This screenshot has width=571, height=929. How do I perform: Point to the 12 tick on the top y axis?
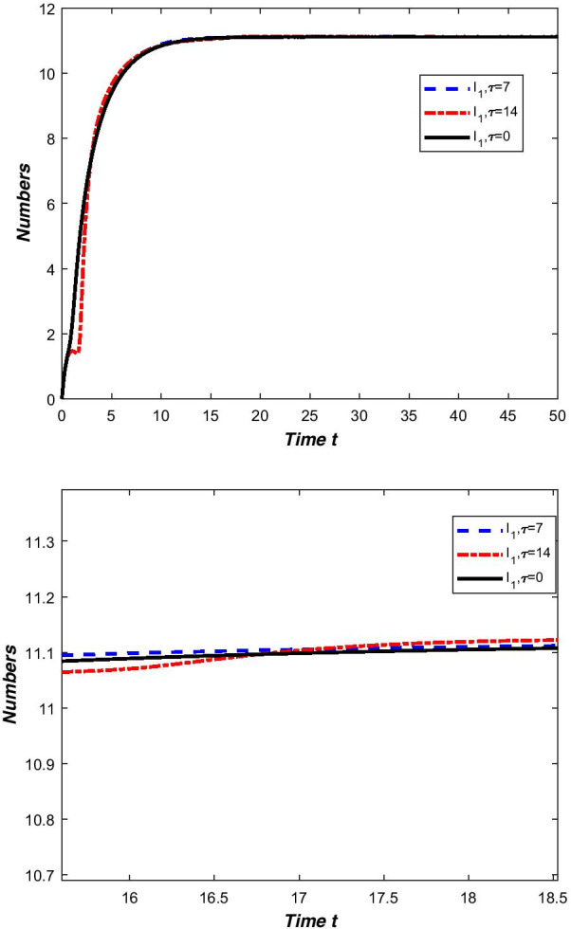click(x=46, y=9)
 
